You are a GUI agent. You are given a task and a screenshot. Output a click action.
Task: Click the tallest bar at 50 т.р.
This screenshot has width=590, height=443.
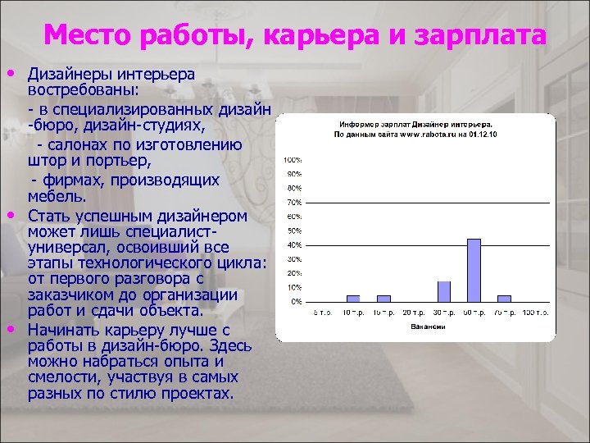[474, 269]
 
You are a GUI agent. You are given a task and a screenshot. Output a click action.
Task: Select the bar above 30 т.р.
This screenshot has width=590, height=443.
[444, 291]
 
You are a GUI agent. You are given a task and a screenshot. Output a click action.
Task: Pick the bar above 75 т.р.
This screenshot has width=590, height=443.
[504, 299]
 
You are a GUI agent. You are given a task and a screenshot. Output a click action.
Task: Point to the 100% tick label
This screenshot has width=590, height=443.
[292, 159]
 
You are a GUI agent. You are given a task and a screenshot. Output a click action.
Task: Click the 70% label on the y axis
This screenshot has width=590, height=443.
[293, 202]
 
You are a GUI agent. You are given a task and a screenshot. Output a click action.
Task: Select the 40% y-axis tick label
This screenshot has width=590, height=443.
[293, 244]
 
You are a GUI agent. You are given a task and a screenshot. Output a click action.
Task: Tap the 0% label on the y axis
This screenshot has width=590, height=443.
[294, 301]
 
